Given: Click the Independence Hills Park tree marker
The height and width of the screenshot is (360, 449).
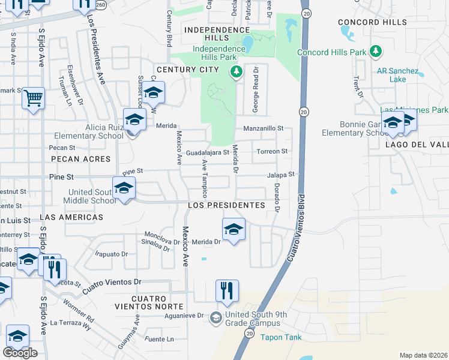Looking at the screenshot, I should (237, 72).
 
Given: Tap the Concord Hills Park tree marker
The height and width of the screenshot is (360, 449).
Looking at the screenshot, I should (376, 52).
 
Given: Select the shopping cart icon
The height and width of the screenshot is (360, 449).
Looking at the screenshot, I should (34, 97).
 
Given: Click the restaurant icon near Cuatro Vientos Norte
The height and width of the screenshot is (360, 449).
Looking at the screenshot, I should (227, 291).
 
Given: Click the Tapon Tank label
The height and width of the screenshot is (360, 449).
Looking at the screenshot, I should (281, 337).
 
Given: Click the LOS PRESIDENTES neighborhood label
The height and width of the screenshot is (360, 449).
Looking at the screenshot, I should (226, 205).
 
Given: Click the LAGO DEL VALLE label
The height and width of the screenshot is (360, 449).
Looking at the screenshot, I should (418, 145).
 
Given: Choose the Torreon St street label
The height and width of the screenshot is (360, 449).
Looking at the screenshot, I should (273, 152).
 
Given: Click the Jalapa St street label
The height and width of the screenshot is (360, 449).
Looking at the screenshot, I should (282, 175).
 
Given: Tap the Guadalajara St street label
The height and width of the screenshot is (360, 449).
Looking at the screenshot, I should (207, 152).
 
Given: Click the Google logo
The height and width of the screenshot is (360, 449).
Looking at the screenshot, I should (20, 353).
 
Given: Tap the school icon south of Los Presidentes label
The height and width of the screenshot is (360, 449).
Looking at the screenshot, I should (234, 229).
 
